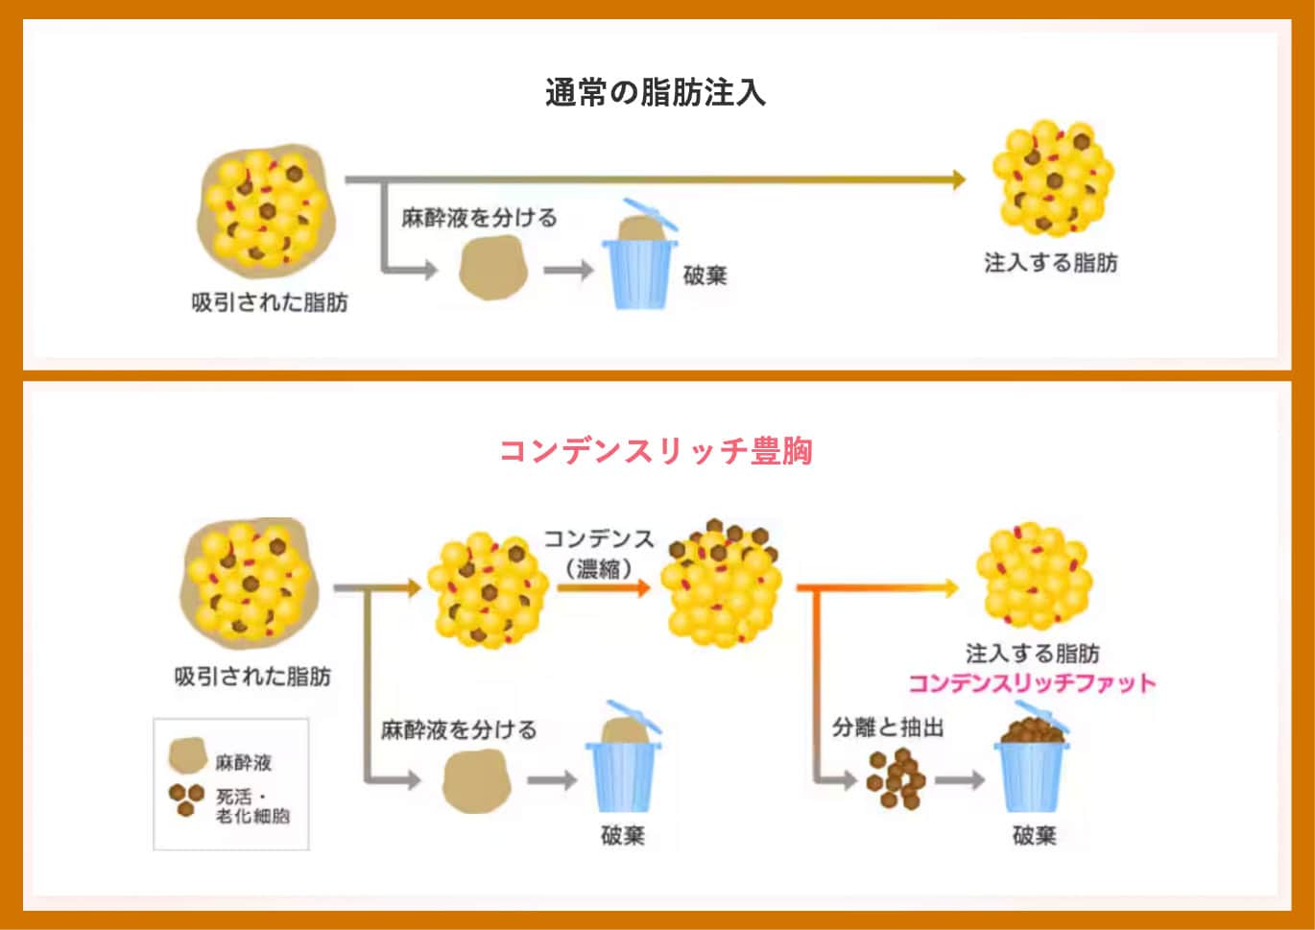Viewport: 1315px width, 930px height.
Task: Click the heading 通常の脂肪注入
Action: point(656,93)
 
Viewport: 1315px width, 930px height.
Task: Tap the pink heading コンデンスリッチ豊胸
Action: point(656,450)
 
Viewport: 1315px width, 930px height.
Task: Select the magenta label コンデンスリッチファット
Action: point(1032,683)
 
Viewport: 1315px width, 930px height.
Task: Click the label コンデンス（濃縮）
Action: point(599,553)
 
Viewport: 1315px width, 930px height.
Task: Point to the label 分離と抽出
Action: point(887,727)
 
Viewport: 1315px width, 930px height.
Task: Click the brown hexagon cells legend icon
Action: point(186,799)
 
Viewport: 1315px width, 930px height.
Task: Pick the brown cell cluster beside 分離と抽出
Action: point(895,778)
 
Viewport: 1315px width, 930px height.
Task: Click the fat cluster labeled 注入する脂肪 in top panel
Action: point(1052,179)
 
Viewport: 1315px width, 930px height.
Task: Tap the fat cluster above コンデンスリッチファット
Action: point(1034,576)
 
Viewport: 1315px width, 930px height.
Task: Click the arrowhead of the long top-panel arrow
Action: point(957,179)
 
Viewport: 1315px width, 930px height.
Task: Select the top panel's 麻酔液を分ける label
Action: point(479,218)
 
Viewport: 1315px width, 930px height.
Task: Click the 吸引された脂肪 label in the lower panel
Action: point(252,677)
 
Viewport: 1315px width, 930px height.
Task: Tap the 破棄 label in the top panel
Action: point(705,276)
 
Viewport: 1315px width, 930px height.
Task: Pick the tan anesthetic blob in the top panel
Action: point(493,269)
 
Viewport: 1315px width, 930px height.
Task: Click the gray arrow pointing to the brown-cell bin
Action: point(960,779)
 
